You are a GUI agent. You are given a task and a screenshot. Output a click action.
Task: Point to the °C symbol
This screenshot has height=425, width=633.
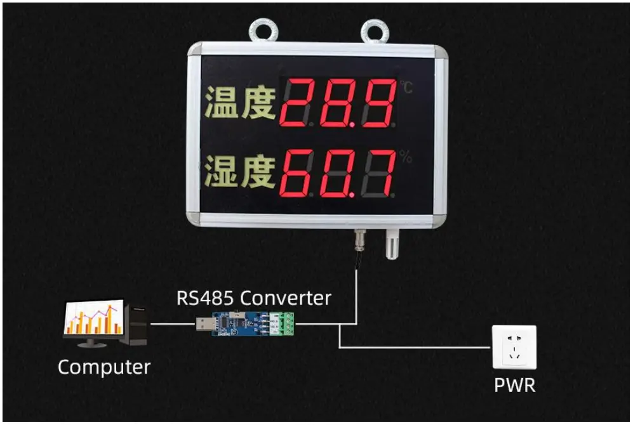(406, 88)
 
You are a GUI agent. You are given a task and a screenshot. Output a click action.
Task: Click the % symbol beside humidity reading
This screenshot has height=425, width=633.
(406, 157)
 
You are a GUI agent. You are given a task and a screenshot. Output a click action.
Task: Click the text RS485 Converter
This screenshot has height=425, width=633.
(254, 297)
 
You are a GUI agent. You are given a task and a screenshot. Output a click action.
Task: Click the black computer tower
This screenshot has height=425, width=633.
(137, 324)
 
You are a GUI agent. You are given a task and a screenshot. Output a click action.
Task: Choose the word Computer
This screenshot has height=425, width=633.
(104, 367)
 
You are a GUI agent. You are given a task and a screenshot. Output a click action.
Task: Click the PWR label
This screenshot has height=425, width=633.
(514, 384)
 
